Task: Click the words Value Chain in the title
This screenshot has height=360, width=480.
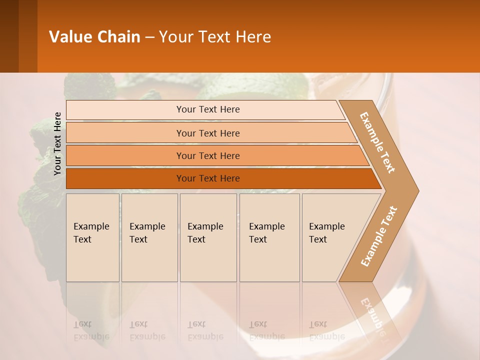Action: click(x=94, y=37)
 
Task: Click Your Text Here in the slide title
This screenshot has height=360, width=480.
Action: click(x=215, y=37)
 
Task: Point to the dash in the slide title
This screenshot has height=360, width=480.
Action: click(x=149, y=37)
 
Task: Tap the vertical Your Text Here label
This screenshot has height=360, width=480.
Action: click(x=57, y=143)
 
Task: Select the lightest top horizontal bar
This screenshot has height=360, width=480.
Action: click(x=125, y=109)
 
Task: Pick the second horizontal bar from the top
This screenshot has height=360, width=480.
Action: click(x=125, y=133)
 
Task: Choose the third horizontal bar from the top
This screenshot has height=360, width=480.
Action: click(x=125, y=155)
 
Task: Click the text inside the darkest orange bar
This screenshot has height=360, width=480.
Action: click(x=208, y=178)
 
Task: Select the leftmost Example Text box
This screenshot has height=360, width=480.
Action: click(x=92, y=237)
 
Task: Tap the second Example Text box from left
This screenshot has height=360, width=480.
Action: click(x=149, y=237)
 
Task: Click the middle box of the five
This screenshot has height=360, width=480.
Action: click(x=208, y=237)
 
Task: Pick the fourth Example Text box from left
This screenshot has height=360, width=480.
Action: click(x=269, y=237)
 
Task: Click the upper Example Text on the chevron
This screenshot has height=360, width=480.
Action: click(x=377, y=142)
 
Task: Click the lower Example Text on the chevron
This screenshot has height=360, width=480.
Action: click(x=379, y=236)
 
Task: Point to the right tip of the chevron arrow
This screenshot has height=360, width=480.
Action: click(x=417, y=190)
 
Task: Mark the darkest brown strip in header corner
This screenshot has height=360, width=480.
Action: click(x=9, y=36)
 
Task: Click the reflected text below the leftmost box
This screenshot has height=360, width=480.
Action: click(x=91, y=330)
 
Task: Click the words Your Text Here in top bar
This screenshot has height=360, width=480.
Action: click(x=208, y=109)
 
